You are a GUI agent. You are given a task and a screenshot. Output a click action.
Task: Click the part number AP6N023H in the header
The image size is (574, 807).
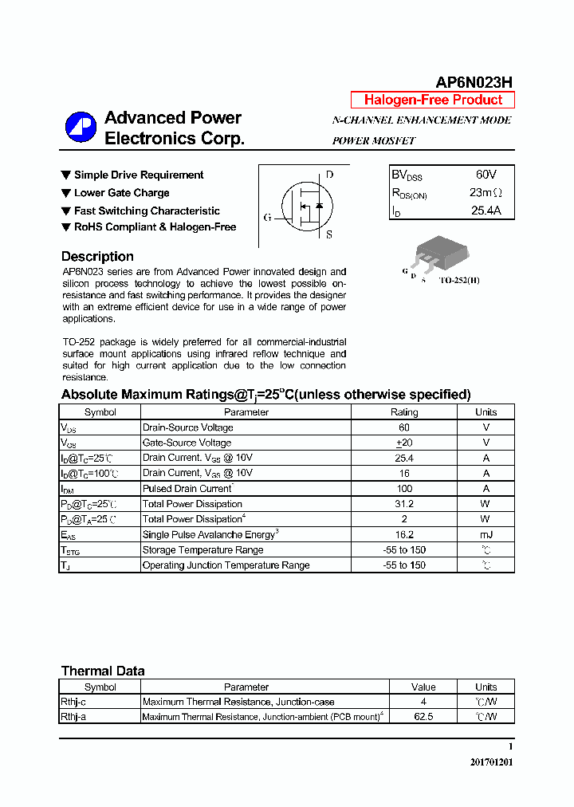[x=474, y=82]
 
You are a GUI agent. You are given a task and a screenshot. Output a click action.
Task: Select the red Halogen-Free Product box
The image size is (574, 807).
[x=433, y=100]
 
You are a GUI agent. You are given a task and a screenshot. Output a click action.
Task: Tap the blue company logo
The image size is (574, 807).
[x=80, y=128]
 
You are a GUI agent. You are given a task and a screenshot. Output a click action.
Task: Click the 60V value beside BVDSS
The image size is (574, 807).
[x=486, y=175]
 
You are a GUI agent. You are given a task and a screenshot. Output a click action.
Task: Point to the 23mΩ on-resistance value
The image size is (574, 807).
[x=486, y=193]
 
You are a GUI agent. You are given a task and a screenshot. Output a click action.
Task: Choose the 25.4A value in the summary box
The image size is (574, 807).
[x=486, y=211]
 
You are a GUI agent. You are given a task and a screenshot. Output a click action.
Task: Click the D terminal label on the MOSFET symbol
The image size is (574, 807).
[x=329, y=175]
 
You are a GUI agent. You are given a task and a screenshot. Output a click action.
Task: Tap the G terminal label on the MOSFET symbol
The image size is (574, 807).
[x=267, y=217]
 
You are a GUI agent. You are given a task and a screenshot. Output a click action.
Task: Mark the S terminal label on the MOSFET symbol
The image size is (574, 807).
[x=329, y=235]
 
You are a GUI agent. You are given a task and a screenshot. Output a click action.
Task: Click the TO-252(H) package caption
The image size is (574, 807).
[x=459, y=281]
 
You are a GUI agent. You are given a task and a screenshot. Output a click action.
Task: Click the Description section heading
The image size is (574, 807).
[x=97, y=257]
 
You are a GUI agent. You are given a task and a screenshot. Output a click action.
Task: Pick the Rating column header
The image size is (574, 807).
[x=404, y=412]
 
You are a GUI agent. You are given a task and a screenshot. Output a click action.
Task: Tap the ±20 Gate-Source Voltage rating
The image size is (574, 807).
[x=404, y=443]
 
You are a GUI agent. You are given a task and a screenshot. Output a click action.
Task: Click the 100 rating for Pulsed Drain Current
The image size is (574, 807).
[x=404, y=488]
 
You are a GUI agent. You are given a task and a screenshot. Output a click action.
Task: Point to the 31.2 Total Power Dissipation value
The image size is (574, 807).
[x=404, y=504]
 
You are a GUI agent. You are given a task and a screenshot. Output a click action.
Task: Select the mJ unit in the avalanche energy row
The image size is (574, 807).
[x=486, y=534]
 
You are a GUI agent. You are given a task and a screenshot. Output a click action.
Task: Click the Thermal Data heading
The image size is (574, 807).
[x=103, y=671]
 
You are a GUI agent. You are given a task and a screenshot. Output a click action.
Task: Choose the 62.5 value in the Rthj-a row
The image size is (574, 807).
[x=423, y=717]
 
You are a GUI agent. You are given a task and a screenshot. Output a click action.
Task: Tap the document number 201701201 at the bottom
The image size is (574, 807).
[x=491, y=762]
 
